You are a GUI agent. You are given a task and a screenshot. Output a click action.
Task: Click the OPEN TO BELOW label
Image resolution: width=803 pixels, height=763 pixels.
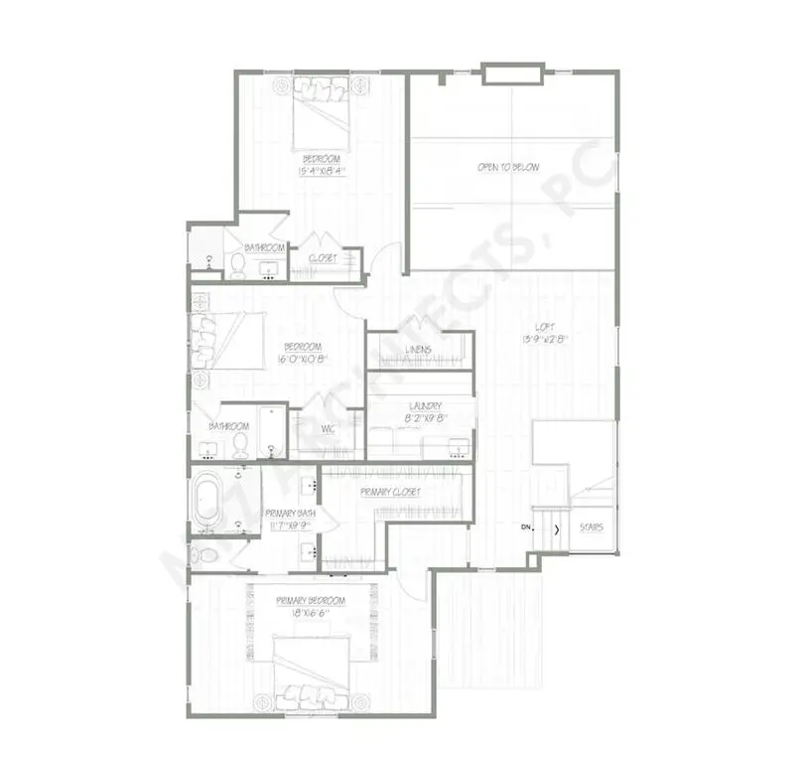[507, 168]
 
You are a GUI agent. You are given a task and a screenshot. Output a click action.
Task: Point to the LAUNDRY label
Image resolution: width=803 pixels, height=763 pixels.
[424, 406]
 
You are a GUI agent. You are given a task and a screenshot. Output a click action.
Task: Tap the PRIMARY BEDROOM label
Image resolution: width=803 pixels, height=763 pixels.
[311, 601]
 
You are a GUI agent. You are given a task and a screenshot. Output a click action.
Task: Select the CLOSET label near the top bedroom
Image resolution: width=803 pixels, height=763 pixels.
[322, 258]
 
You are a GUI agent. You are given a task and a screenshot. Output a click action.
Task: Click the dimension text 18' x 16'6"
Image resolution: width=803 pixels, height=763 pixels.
[311, 614]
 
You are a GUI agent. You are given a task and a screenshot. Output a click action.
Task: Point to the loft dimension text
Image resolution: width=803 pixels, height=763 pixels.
[542, 340]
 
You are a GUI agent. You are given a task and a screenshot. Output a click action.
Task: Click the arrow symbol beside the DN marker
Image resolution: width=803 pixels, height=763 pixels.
[556, 529]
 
